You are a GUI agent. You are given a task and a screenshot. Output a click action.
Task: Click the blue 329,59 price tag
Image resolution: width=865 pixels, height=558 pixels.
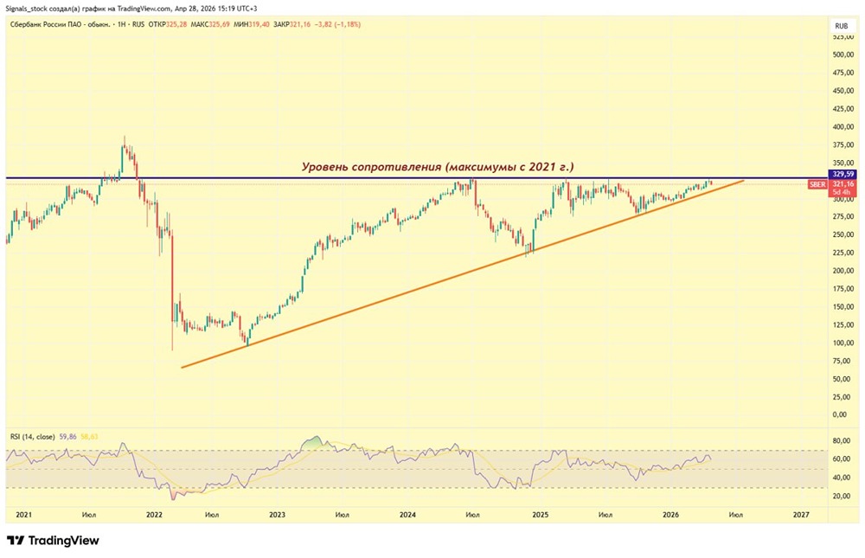(842, 174)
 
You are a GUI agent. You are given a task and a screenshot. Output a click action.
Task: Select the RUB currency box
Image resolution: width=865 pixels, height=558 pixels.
(841, 26)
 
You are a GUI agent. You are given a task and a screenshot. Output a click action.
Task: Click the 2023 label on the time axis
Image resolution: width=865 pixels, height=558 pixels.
(277, 515)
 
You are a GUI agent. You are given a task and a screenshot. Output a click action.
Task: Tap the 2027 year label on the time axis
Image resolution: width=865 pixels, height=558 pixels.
(801, 515)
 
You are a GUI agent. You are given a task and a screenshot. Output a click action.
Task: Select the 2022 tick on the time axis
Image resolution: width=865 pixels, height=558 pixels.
(154, 515)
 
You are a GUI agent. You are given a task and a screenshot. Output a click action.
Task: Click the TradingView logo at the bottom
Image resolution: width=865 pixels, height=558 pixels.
(53, 541)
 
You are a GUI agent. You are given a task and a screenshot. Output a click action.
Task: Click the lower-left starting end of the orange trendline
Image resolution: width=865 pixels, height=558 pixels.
(182, 367)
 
